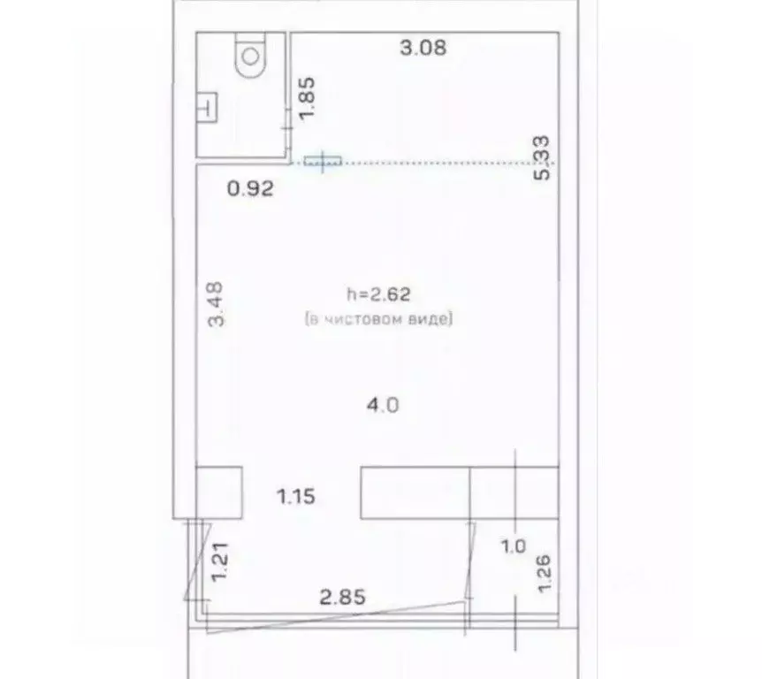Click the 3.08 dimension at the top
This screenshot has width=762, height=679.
pyautogui.click(x=423, y=48)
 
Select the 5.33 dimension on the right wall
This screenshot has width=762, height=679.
pyautogui.click(x=542, y=158)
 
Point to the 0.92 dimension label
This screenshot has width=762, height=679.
pyautogui.click(x=250, y=188)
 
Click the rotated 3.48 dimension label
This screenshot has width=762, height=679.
pyautogui.click(x=216, y=304)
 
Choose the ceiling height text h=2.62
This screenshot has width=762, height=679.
pyautogui.click(x=378, y=294)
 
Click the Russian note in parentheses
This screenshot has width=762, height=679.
pyautogui.click(x=378, y=319)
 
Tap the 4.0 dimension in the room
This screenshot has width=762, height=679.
pyautogui.click(x=383, y=405)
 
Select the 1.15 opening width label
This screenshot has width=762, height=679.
pyautogui.click(x=296, y=497)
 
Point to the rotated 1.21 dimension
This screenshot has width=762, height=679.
pyautogui.click(x=219, y=561)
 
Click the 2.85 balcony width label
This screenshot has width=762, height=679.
pyautogui.click(x=343, y=597)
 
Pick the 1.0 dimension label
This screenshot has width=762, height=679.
pyautogui.click(x=514, y=546)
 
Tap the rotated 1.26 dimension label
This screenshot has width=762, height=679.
pyautogui.click(x=544, y=573)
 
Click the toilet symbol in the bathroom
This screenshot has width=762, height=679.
pyautogui.click(x=251, y=55)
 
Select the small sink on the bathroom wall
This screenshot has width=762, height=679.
pyautogui.click(x=207, y=107)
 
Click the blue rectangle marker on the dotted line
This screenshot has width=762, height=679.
pyautogui.click(x=323, y=161)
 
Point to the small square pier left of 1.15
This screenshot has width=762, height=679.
pyautogui.click(x=218, y=492)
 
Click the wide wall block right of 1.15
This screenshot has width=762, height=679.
pyautogui.click(x=460, y=492)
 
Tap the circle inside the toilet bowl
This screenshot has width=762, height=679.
pyautogui.click(x=251, y=57)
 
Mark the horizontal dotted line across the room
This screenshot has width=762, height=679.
pyautogui.click(x=423, y=163)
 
